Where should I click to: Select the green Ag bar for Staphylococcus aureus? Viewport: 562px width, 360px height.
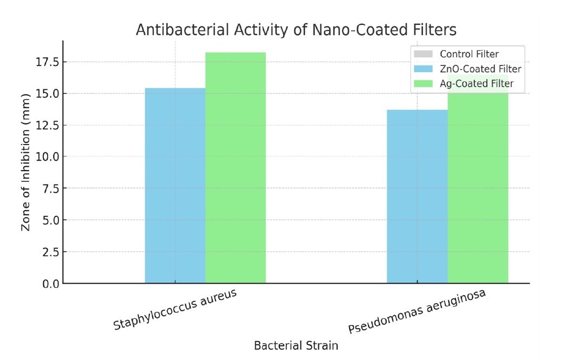(236, 168)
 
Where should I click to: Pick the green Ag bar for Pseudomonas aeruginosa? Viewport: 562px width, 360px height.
(478, 189)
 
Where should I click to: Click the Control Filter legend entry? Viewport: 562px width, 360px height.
(469, 54)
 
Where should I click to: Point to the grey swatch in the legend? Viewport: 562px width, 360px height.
(423, 54)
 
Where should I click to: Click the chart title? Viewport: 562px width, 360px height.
(296, 29)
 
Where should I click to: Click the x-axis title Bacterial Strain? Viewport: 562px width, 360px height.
(296, 345)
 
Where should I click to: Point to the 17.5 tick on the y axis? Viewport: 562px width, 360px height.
(47, 62)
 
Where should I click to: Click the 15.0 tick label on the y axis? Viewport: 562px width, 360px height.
(47, 94)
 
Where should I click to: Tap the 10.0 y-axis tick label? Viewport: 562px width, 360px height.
(47, 157)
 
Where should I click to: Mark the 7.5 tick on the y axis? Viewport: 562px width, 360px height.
(50, 188)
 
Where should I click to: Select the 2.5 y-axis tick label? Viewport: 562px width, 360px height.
(50, 252)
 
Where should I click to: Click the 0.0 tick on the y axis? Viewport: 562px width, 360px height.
(50, 284)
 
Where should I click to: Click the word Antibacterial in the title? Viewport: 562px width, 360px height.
(173, 29)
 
